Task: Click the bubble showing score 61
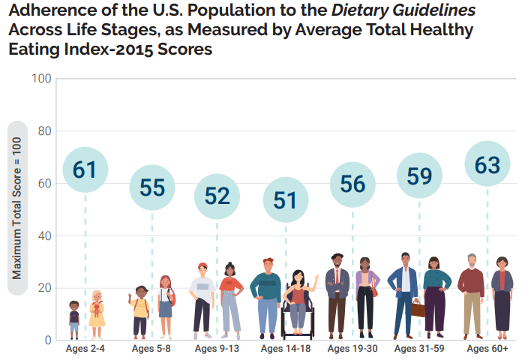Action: (85, 169)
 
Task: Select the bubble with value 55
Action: (152, 187)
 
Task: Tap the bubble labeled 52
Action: (217, 196)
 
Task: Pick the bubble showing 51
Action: (285, 200)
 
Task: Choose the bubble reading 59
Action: (419, 176)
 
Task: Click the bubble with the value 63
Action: (487, 165)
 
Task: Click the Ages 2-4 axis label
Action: (85, 349)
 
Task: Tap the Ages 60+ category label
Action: (487, 349)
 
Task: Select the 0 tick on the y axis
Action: (47, 340)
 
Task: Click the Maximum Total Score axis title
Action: (16, 209)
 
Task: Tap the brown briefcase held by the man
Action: (418, 309)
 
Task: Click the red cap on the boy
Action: (202, 265)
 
